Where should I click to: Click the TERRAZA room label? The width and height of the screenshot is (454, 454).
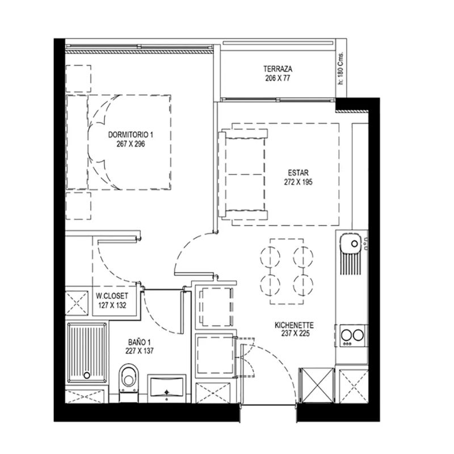[x=278, y=69]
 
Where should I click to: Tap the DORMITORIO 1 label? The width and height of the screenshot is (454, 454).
[x=131, y=134]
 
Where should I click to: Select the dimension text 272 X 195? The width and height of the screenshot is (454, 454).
[x=299, y=182]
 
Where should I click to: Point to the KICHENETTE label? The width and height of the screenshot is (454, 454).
[x=294, y=325]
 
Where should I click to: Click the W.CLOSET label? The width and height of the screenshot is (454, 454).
[x=112, y=296]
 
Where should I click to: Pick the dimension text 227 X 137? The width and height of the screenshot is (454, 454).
[x=140, y=351]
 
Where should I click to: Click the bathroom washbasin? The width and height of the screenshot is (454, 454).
[x=166, y=388]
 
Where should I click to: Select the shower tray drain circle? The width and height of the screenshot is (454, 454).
[x=87, y=376]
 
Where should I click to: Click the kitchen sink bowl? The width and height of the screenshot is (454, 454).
[x=351, y=243]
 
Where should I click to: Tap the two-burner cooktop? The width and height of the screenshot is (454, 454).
[x=352, y=335]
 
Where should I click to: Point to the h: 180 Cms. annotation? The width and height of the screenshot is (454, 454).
[x=341, y=68]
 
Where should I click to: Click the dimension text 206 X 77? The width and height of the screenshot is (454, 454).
[x=278, y=78]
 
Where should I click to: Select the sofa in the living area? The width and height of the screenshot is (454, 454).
[x=244, y=174]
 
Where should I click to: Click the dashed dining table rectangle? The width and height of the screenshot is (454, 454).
[x=287, y=272]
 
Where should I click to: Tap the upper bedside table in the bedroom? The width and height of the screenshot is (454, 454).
[x=78, y=79]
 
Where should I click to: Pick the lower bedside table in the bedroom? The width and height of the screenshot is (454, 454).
[x=78, y=206]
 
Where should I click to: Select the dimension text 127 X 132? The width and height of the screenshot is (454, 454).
[x=112, y=305]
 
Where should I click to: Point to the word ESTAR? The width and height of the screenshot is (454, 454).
[x=299, y=173]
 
